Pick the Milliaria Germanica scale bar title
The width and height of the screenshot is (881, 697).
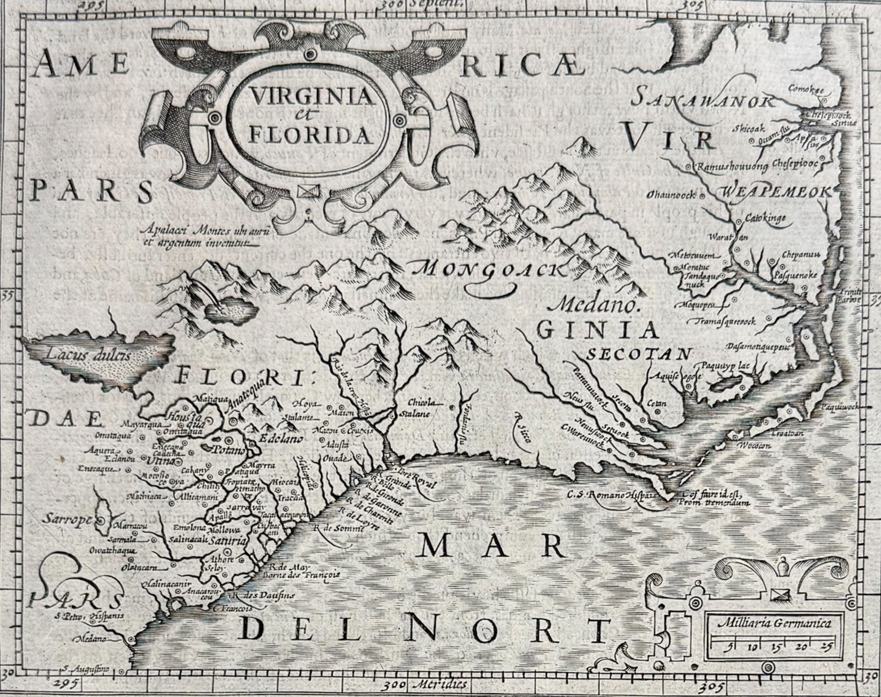pyautogui.click(x=774, y=623)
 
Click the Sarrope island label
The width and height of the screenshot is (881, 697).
pyautogui.click(x=68, y=519)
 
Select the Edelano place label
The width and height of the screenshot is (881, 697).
pyautogui.click(x=281, y=439)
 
